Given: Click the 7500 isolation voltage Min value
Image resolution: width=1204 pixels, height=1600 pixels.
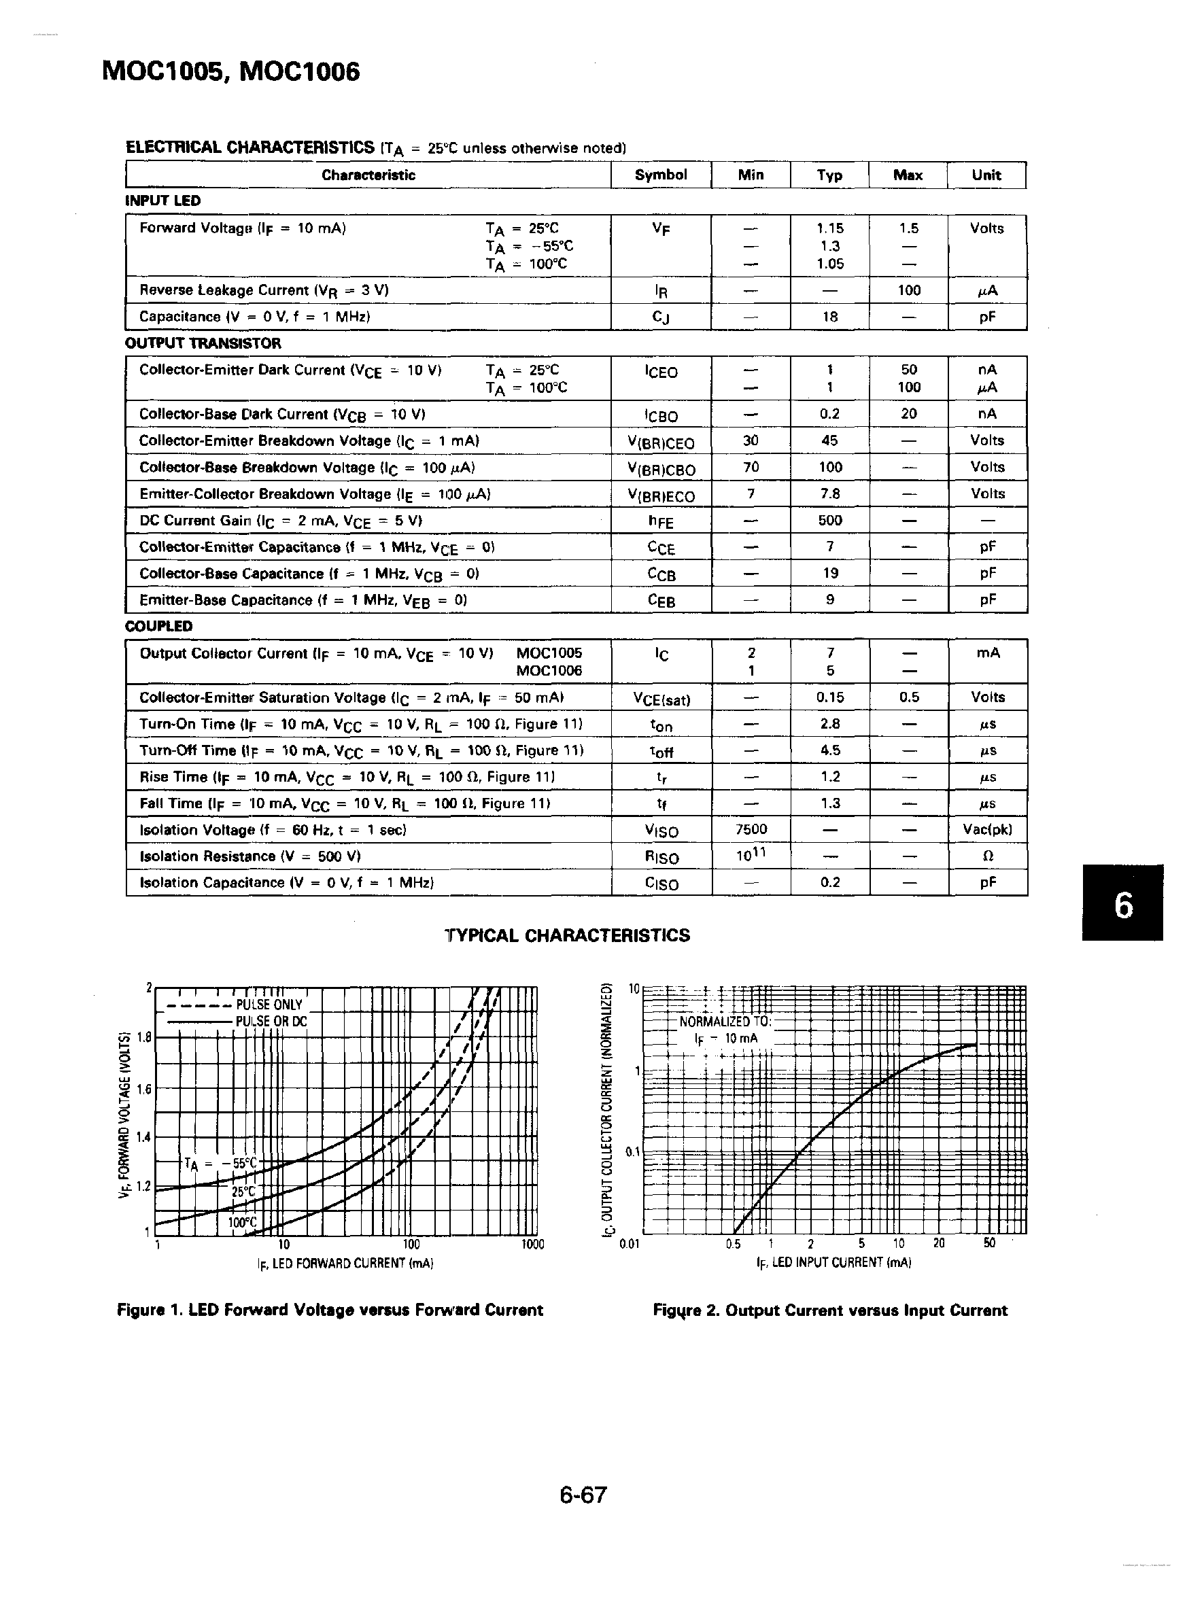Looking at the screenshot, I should coord(751,830).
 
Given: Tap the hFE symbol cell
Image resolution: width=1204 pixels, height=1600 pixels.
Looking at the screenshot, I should coord(660,521).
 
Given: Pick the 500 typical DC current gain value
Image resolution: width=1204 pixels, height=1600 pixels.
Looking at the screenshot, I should coord(830,521).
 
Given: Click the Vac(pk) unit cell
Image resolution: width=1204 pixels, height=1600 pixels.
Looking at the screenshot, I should coord(987,830).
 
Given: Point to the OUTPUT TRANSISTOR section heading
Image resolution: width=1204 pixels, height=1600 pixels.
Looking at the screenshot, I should coord(203,343).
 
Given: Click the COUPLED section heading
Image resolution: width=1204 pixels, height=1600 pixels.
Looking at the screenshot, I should coord(159,627).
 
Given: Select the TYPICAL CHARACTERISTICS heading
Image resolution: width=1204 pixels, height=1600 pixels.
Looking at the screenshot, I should coord(566,936).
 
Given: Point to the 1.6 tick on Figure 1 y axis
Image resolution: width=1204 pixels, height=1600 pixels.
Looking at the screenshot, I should coord(143,1090).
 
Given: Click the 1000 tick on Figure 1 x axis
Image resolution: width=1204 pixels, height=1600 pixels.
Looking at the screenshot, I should coord(532,1245).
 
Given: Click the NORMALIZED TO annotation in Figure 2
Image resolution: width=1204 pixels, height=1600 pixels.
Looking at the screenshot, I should coord(725,1022).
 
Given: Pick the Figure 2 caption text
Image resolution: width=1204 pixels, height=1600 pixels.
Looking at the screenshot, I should coord(829,1310).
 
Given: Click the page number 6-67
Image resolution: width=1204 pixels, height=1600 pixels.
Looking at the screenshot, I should coord(583,1495).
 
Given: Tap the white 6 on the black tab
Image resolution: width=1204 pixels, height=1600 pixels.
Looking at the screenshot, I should coord(1123,905).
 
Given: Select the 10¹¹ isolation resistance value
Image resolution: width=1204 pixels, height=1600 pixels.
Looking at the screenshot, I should coord(751,856).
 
